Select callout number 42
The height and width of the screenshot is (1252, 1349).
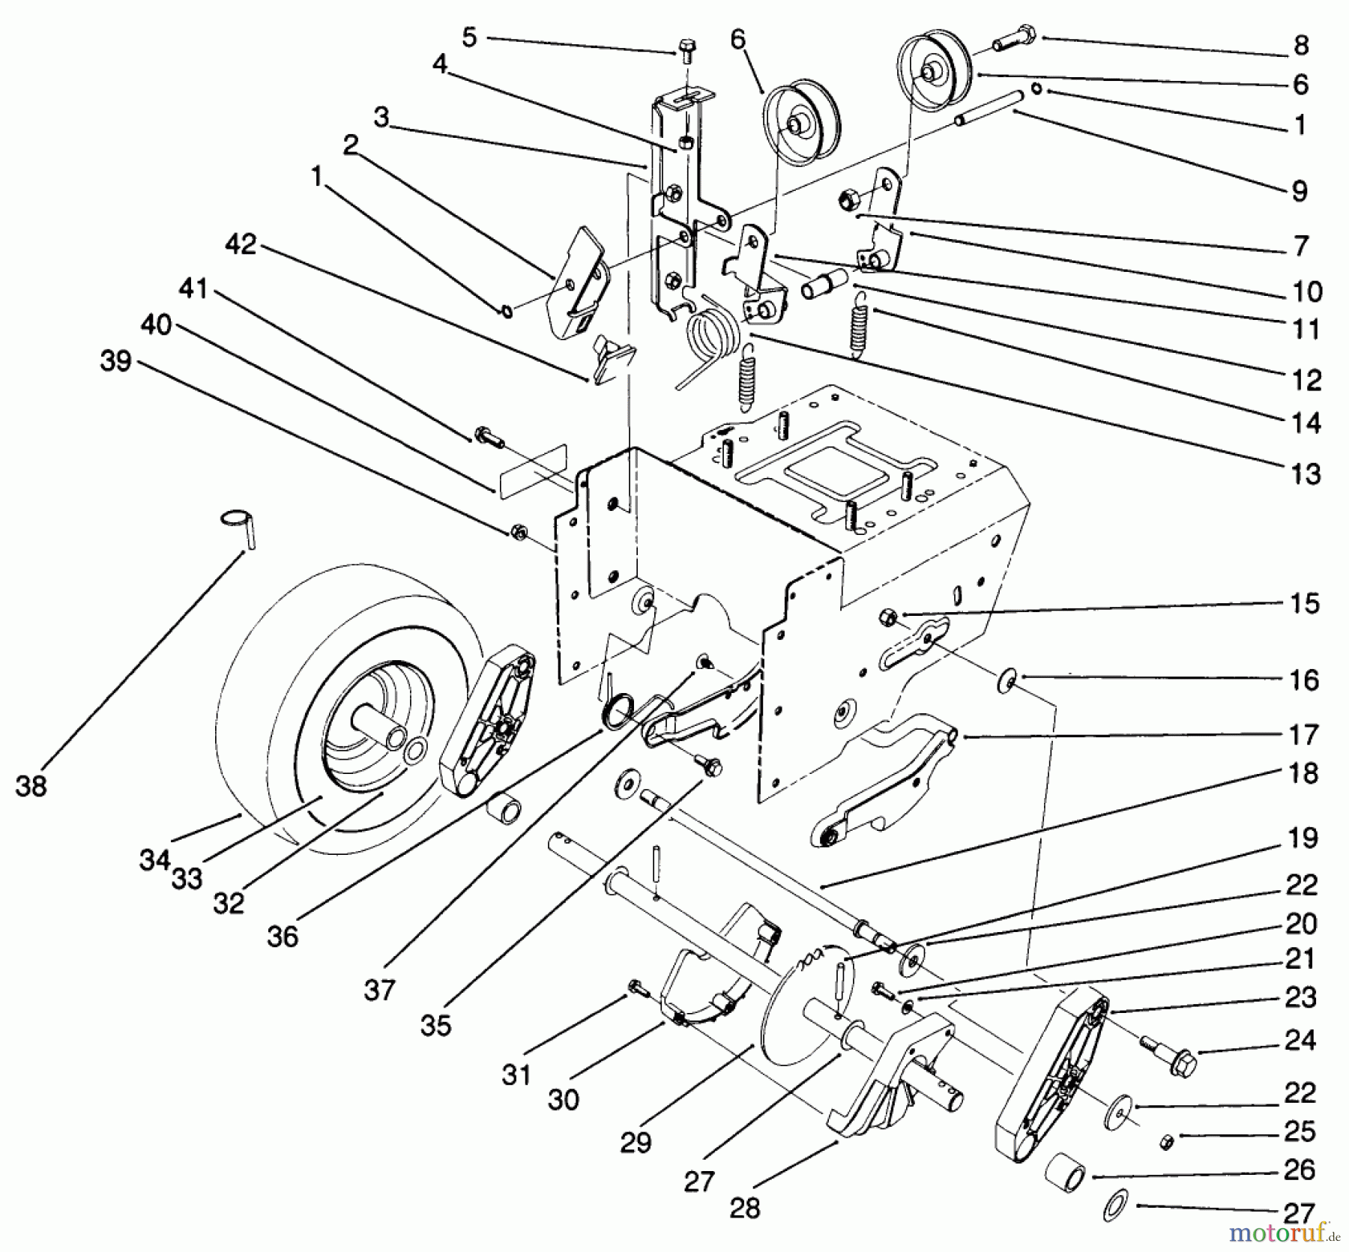pos(241,244)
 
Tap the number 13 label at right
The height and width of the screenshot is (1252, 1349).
pos(1306,474)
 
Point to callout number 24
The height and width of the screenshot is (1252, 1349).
pos(1300,1040)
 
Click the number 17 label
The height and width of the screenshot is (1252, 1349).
pos(1304,735)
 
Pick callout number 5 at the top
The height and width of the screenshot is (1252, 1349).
pos(469,37)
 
